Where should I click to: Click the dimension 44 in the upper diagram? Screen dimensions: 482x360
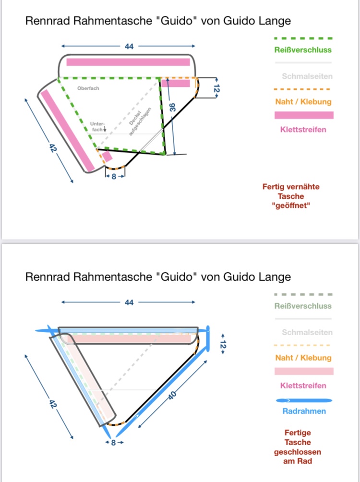(129, 47)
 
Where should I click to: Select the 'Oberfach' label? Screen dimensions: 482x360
(88, 88)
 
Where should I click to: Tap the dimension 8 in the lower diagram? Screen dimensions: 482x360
(113, 443)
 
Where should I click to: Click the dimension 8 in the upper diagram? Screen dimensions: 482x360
(114, 177)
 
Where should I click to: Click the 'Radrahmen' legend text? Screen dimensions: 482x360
(304, 411)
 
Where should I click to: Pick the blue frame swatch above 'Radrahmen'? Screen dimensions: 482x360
(304, 400)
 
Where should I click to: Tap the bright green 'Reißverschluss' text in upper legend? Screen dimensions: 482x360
(303, 50)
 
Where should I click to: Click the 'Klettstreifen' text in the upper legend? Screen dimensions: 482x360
(303, 129)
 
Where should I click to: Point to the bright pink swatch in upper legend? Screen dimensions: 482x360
(303, 115)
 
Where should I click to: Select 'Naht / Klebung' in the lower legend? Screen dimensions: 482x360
(303, 358)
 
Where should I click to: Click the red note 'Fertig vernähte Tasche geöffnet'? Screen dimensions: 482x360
(291, 196)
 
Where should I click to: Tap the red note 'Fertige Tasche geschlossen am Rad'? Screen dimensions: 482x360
(298, 447)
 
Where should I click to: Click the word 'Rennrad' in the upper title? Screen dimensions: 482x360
(45, 21)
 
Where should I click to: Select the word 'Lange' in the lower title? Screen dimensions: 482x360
(274, 277)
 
